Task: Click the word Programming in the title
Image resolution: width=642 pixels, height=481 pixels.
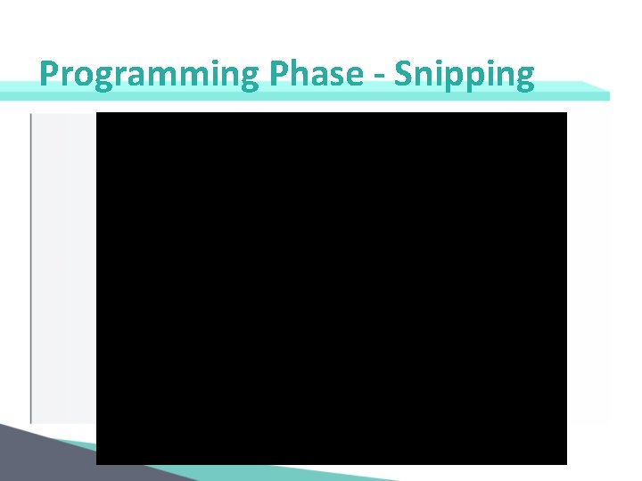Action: [x=148, y=75]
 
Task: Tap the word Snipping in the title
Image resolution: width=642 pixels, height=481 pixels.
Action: [x=464, y=75]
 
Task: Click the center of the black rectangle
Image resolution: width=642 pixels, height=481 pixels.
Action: [x=332, y=288]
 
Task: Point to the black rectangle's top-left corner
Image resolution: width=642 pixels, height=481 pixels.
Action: [x=97, y=113]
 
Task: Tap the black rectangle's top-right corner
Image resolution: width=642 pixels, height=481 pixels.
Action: [x=566, y=113]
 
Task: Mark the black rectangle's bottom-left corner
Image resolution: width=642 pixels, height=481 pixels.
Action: [x=97, y=463]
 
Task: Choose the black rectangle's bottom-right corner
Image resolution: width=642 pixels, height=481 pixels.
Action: [x=566, y=463]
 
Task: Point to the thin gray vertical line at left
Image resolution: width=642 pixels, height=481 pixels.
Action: [x=31, y=267]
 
